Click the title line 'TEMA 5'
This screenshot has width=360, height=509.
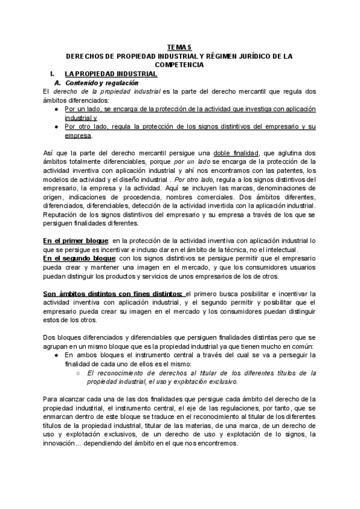pyautogui.click(x=179, y=47)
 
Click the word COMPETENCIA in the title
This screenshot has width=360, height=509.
pyautogui.click(x=179, y=64)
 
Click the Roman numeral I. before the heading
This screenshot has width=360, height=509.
pyautogui.click(x=53, y=73)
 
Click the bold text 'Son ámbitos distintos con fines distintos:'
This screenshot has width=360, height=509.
pyautogui.click(x=114, y=293)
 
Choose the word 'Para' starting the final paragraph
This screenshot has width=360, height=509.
pyautogui.click(x=51, y=399)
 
